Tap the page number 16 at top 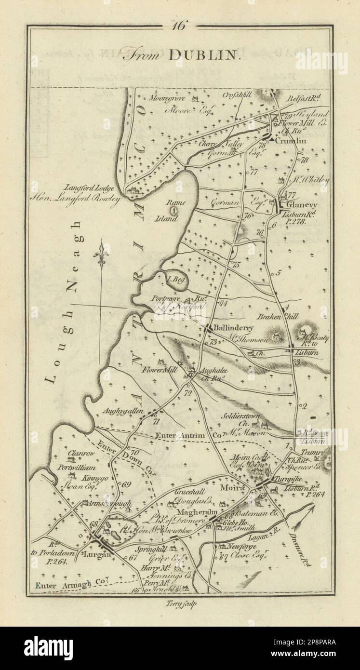[180, 26]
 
